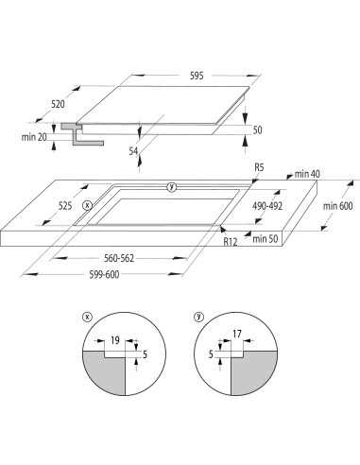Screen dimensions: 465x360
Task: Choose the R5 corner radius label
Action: [x=259, y=167]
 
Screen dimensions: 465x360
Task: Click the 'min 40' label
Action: [x=308, y=174]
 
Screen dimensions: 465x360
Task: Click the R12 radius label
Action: [x=231, y=242]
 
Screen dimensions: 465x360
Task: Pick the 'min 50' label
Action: [x=267, y=239]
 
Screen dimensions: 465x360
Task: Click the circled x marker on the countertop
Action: [x=88, y=204]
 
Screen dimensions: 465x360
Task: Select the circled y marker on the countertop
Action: [x=171, y=186]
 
